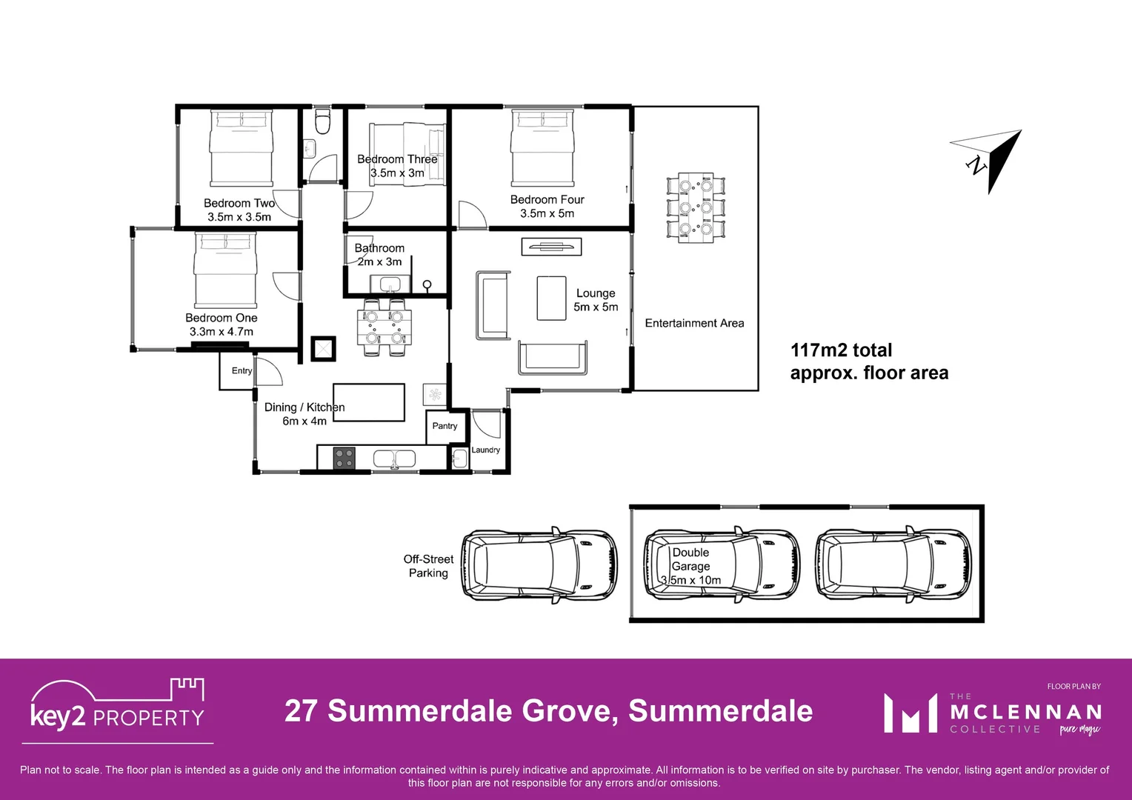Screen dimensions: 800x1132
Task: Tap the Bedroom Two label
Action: tap(239, 203)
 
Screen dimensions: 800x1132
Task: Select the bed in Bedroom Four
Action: tap(542, 148)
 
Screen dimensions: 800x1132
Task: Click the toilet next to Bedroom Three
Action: tap(322, 122)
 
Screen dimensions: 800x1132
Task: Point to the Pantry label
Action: tap(445, 426)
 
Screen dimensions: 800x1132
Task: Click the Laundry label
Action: tap(486, 450)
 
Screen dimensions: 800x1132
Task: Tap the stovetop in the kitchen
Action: tap(344, 459)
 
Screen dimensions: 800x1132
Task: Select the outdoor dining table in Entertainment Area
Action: tap(696, 208)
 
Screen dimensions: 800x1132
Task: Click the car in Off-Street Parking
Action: tap(539, 564)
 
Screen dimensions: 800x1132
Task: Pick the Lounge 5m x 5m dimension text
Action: tap(596, 307)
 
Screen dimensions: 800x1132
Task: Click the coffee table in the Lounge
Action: tap(551, 299)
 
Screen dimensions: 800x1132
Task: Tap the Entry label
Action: tap(242, 370)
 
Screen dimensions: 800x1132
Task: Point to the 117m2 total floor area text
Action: tap(868, 361)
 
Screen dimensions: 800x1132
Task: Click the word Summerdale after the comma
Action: tap(720, 711)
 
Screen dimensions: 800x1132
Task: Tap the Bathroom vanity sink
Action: tap(390, 284)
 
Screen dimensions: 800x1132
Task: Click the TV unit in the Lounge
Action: tap(551, 247)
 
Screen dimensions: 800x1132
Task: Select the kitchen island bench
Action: tap(368, 402)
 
